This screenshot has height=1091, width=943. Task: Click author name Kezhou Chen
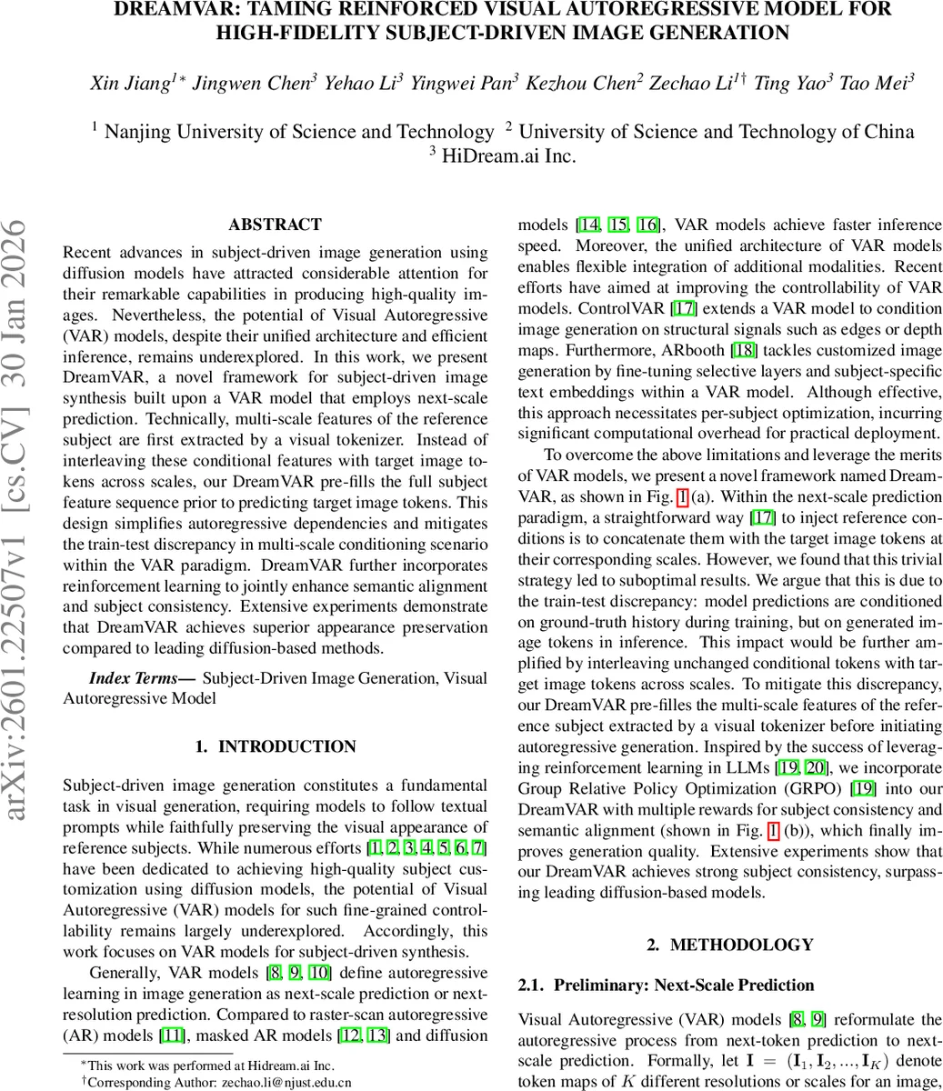[x=589, y=83]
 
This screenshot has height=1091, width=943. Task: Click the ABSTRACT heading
[x=275, y=225]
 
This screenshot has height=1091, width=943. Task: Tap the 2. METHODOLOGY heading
[x=730, y=945]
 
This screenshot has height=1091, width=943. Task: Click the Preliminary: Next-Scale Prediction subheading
[x=684, y=985]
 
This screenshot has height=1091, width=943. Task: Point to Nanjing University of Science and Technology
[x=298, y=132]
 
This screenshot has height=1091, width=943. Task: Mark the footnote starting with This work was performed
[x=211, y=1065]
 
